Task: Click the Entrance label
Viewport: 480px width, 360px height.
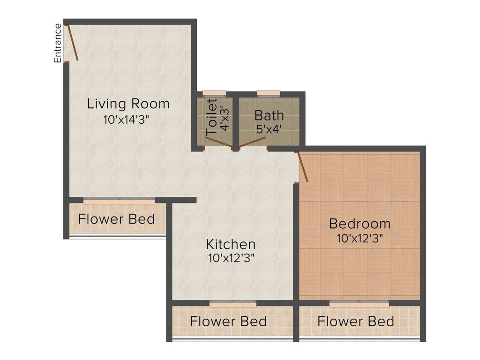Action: pos(58,43)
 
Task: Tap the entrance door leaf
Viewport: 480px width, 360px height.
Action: pos(73,42)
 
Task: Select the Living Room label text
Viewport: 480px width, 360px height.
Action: pos(128,103)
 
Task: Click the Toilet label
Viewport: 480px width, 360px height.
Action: pos(212,117)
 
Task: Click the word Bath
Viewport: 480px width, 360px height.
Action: pos(269,115)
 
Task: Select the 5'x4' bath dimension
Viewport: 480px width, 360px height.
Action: pos(269,129)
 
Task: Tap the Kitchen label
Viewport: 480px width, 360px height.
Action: pos(231,244)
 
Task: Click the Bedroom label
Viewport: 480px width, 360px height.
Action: pos(360,223)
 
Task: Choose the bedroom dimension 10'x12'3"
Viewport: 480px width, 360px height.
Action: pos(360,238)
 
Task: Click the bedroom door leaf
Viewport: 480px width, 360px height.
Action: pos(302,166)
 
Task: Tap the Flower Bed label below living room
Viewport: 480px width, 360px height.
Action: pos(116,219)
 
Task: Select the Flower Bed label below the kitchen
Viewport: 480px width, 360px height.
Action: pos(228,322)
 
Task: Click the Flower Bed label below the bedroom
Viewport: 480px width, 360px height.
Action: pos(355,322)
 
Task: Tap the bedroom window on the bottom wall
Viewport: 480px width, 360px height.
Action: pos(359,304)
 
